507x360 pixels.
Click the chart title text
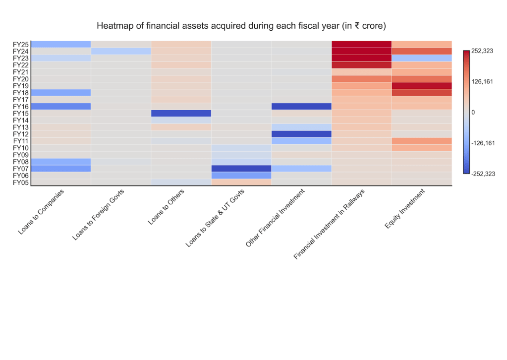coord(241,25)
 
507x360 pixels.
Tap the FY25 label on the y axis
coord(21,44)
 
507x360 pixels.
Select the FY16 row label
coord(21,106)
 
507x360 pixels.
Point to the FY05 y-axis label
coord(21,182)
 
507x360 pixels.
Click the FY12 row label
coord(21,134)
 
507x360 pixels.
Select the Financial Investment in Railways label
coord(330,224)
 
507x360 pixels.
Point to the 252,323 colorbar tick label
coord(482,51)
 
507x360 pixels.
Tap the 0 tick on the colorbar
coord(473,112)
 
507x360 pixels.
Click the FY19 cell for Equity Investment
coord(421,85)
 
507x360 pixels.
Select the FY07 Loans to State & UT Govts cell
coord(241,169)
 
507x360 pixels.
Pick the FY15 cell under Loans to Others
coord(181,113)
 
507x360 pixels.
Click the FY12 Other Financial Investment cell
coord(301,134)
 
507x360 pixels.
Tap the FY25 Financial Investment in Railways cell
coord(361,44)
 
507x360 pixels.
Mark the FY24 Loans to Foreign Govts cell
coord(120,51)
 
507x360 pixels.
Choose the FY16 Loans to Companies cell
coord(60,106)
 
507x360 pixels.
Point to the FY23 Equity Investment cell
coord(421,58)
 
